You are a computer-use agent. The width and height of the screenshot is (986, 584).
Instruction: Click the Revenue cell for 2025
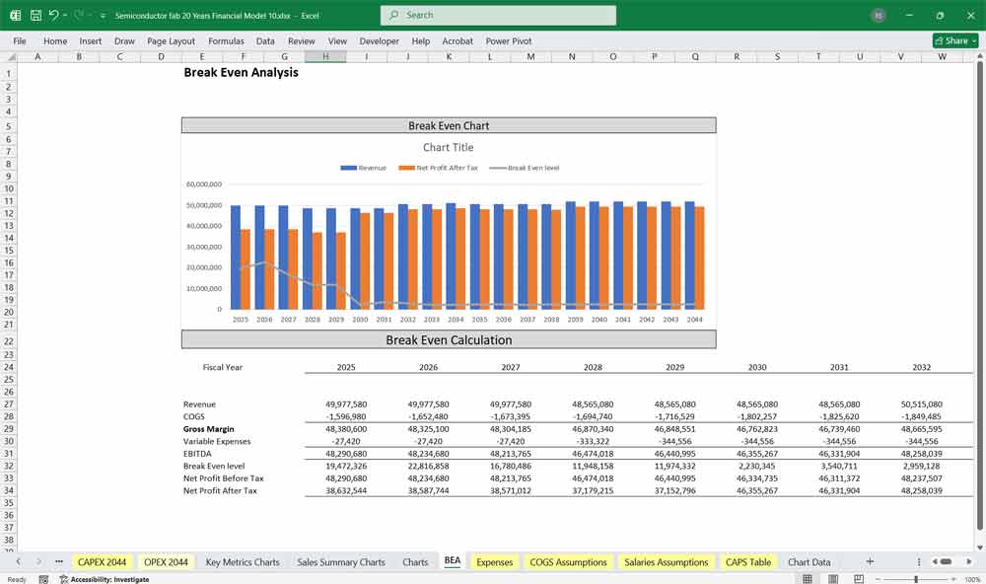pyautogui.click(x=346, y=404)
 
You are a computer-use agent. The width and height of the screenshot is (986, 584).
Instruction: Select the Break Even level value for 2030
pyautogui.click(x=757, y=466)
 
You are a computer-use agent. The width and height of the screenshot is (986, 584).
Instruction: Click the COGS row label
pyautogui.click(x=195, y=417)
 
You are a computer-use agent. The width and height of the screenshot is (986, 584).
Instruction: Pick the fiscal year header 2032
pyautogui.click(x=922, y=367)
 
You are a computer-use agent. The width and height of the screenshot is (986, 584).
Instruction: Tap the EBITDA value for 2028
pyautogui.click(x=593, y=454)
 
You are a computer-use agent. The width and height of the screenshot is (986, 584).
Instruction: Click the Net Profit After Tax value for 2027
pyautogui.click(x=511, y=490)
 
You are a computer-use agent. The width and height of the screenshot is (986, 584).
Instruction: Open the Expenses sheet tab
pyautogui.click(x=494, y=562)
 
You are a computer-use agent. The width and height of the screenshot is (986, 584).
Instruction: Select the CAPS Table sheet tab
pyautogui.click(x=748, y=562)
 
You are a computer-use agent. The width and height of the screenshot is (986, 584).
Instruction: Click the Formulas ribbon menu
pyautogui.click(x=226, y=41)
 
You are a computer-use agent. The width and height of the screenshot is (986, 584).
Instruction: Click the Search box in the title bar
pyautogui.click(x=498, y=15)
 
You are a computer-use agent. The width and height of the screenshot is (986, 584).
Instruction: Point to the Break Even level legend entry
pyautogui.click(x=526, y=168)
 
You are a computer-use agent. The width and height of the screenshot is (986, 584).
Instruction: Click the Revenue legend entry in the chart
pyautogui.click(x=364, y=168)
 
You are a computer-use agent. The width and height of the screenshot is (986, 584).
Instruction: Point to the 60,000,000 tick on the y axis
pyautogui.click(x=203, y=184)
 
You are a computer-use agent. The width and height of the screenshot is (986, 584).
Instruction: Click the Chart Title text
pyautogui.click(x=449, y=148)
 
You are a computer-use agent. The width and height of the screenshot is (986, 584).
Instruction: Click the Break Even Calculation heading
pyautogui.click(x=449, y=340)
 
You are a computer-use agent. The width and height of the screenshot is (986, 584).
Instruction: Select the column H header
pyautogui.click(x=324, y=56)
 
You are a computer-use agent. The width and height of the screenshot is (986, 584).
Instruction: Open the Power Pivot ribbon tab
pyautogui.click(x=508, y=41)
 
